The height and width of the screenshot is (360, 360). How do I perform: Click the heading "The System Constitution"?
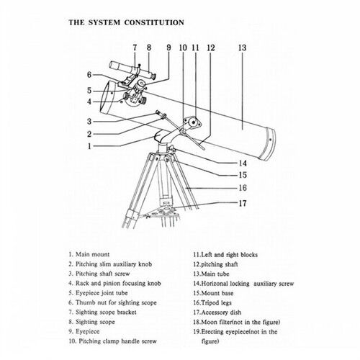click(x=126, y=22)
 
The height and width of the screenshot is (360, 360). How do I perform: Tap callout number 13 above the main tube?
click(x=242, y=48)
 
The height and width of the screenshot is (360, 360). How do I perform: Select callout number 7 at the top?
click(x=135, y=48)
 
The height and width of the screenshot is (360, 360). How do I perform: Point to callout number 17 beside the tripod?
click(x=243, y=203)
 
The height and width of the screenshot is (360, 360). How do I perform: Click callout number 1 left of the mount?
click(x=89, y=146)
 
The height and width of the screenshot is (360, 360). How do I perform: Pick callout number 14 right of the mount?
click(x=243, y=163)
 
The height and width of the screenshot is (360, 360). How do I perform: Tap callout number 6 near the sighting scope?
click(x=89, y=75)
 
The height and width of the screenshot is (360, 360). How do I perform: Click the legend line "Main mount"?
click(x=89, y=254)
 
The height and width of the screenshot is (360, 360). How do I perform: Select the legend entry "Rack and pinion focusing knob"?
click(x=114, y=283)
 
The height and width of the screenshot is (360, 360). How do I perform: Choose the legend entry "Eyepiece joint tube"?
click(x=98, y=293)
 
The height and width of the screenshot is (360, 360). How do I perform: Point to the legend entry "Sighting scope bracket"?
click(x=102, y=312)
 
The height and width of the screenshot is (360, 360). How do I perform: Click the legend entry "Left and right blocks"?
click(x=225, y=255)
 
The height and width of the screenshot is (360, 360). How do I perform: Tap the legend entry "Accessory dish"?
click(x=217, y=312)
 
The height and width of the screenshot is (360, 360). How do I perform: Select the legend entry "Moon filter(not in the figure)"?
click(x=237, y=322)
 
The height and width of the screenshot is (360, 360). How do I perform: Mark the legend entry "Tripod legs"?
click(x=212, y=303)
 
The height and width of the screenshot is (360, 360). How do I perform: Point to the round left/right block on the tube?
click(x=192, y=122)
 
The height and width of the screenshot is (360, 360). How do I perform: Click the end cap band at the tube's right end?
click(x=268, y=144)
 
